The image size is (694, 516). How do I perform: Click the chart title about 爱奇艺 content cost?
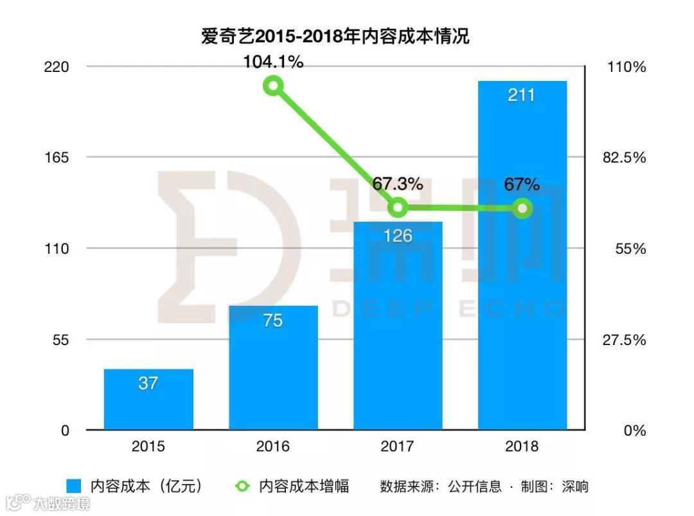(335, 37)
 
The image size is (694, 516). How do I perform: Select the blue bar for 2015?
(148, 399)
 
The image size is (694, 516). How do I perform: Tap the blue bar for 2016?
(273, 367)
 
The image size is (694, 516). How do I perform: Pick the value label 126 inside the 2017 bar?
(398, 236)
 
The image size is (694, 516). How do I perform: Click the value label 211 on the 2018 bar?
(522, 95)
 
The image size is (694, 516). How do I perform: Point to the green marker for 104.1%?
(274, 86)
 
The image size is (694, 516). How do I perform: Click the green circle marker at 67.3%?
(398, 208)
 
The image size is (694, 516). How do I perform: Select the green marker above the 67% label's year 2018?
(523, 208)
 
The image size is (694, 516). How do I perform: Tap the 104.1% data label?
(273, 62)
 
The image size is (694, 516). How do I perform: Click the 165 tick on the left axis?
(57, 157)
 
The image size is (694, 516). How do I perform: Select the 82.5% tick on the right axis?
(621, 157)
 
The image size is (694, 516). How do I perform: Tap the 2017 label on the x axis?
(398, 446)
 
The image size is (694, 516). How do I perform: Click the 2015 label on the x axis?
(148, 446)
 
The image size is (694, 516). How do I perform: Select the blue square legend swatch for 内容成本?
(74, 486)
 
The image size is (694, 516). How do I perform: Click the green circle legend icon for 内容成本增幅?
(242, 486)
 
